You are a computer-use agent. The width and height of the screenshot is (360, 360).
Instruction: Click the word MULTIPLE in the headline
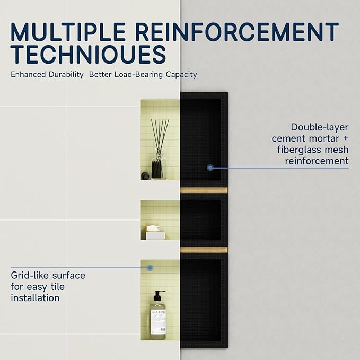(x=68, y=32)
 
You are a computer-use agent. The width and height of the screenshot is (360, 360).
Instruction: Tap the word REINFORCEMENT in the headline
(x=237, y=32)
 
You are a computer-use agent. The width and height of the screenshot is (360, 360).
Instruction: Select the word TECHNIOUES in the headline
(x=89, y=54)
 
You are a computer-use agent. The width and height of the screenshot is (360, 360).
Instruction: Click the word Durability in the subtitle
(x=66, y=74)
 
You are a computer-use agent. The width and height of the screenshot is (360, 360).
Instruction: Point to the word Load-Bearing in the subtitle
(x=139, y=74)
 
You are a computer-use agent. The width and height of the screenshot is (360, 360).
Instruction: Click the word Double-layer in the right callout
(x=320, y=127)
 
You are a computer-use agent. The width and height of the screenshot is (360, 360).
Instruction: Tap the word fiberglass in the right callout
(x=300, y=150)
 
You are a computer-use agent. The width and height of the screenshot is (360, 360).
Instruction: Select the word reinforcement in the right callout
(x=317, y=161)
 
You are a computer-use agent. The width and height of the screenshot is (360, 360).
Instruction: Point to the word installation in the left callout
(x=35, y=298)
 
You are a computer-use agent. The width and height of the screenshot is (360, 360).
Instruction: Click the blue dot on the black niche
(x=210, y=168)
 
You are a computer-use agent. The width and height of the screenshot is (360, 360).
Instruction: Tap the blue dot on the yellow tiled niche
(x=150, y=268)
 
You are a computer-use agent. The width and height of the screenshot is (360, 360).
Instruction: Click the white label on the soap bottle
(x=158, y=322)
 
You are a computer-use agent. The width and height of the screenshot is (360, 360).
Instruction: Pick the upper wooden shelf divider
(x=204, y=190)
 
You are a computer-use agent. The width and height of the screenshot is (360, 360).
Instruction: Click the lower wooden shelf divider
(x=204, y=250)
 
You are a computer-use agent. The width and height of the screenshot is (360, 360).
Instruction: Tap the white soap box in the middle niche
(x=156, y=236)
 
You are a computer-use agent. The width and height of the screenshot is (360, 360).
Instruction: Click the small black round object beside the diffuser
(x=145, y=175)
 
